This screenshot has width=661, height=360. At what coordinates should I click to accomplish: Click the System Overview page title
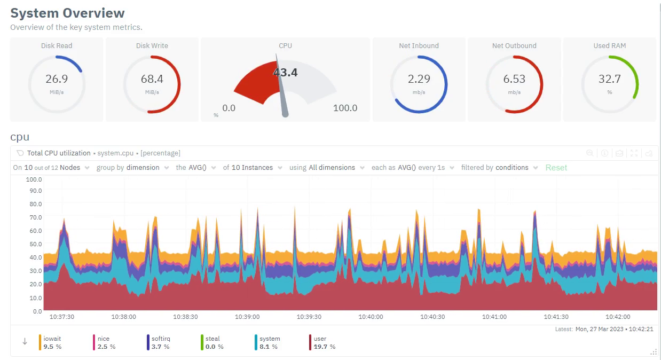(x=67, y=13)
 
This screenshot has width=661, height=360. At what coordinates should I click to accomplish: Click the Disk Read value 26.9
(x=57, y=79)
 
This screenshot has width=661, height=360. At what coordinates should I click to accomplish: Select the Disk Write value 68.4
(x=152, y=79)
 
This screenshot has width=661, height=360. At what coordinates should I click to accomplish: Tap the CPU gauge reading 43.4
(x=286, y=72)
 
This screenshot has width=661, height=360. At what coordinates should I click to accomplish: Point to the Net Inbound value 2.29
(x=419, y=79)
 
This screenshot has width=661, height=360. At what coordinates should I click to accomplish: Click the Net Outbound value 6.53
(x=514, y=79)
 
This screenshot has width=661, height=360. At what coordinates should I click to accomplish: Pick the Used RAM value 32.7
(x=609, y=79)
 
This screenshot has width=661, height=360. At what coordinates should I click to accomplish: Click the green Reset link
(x=556, y=168)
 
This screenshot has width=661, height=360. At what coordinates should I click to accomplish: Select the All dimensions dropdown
(x=332, y=168)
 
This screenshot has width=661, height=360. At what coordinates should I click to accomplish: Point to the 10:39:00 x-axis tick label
(x=247, y=317)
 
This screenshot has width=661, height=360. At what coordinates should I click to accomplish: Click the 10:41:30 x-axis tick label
(x=556, y=317)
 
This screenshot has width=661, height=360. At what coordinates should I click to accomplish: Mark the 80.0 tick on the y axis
(x=35, y=204)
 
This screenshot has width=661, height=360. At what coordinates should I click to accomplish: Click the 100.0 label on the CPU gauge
(x=345, y=108)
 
